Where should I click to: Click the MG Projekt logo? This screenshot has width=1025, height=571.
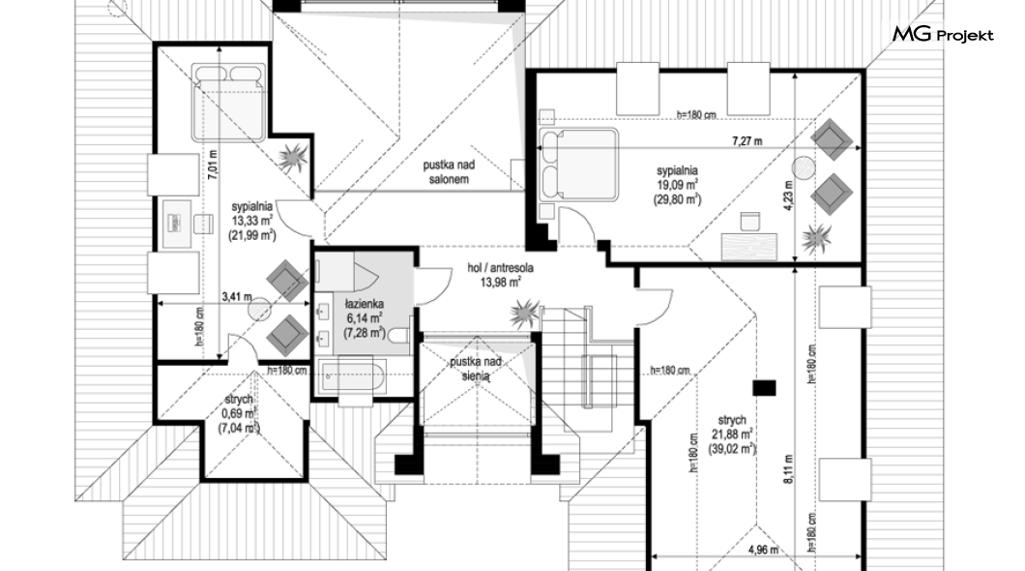(943, 34)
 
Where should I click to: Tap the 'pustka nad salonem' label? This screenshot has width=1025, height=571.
(449, 172)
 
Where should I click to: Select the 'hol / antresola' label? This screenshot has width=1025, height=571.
(500, 267)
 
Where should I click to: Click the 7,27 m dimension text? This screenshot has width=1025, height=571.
(747, 141)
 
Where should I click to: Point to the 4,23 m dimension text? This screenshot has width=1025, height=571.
(789, 195)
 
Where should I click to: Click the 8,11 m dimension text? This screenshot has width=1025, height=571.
(789, 469)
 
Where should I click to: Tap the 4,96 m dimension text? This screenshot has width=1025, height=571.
(764, 550)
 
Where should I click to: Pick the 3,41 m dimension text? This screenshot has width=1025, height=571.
(237, 297)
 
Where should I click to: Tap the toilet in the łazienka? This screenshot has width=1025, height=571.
(397, 337)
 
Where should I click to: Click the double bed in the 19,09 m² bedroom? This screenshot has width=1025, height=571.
(578, 165)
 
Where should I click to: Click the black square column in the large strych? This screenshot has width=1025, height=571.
(764, 388)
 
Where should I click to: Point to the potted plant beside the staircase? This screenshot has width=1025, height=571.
(524, 314)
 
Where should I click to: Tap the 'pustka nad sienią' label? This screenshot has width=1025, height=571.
(475, 368)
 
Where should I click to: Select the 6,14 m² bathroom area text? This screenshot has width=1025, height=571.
(365, 318)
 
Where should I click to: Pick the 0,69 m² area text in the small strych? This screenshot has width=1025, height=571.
(239, 414)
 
